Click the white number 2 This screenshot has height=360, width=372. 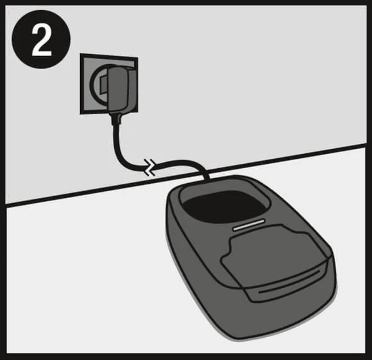coord(42,40)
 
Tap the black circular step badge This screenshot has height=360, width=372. coord(42,40)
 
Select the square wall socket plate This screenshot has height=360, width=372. coord(108,84)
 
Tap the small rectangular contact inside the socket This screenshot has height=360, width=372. coord(104,84)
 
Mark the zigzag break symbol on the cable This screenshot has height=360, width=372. coord(150,168)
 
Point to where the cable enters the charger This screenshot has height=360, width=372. coord(206,179)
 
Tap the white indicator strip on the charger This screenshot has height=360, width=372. coord(249,225)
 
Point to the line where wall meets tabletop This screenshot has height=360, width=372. coord(186,174)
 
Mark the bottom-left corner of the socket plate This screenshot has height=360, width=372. coord(80,114)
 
